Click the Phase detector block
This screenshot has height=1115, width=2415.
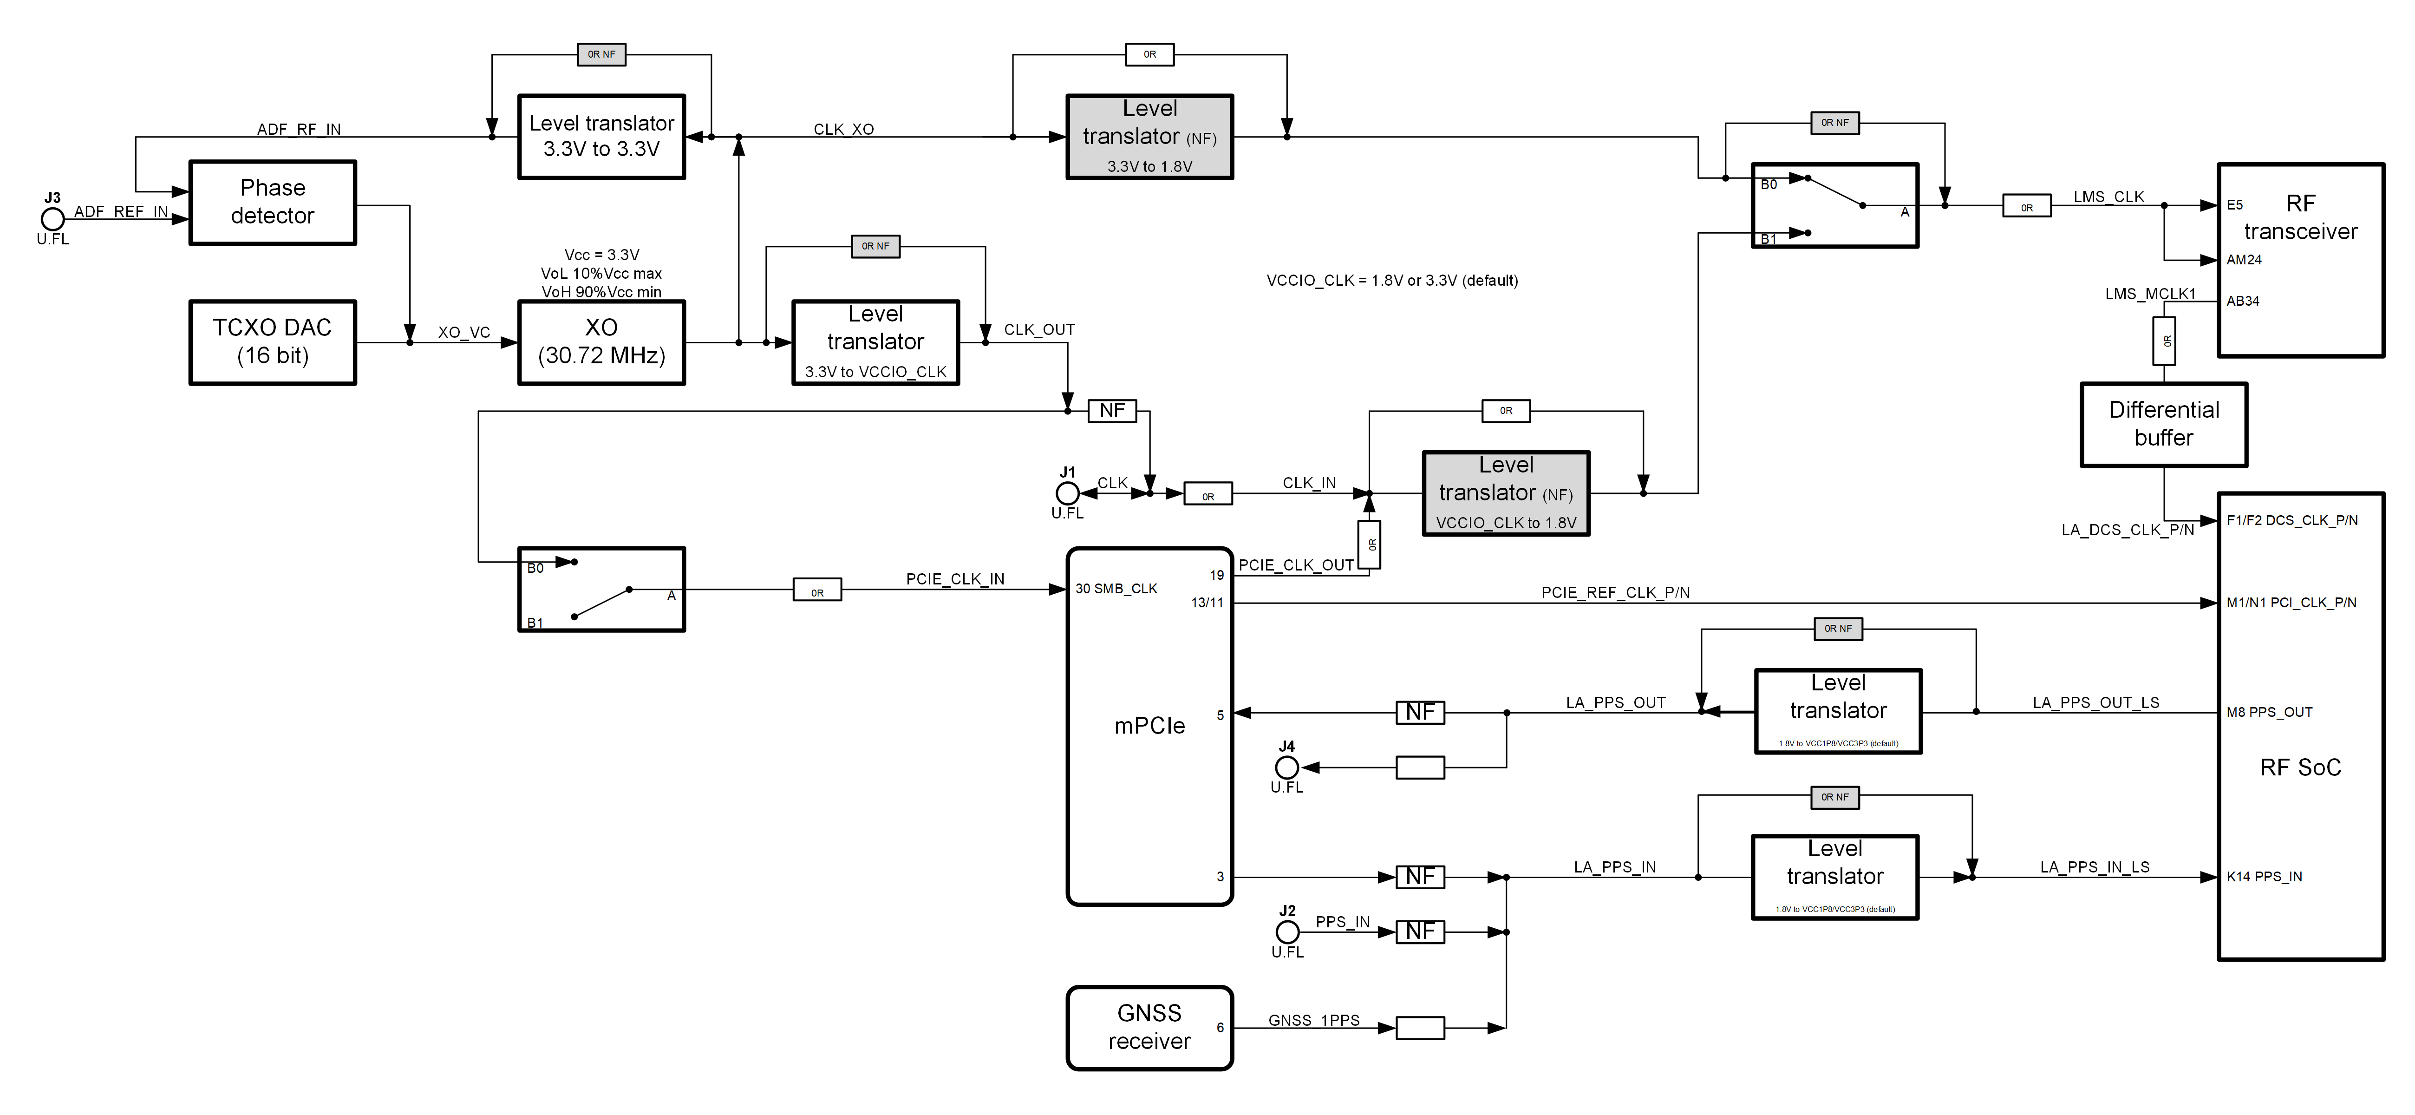pos(273,203)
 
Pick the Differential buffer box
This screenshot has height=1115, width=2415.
pos(2164,424)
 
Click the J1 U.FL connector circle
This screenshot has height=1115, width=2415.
pos(1067,493)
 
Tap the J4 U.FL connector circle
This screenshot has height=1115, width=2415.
pos(1287,767)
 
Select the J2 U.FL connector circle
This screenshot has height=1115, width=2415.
pos(1287,932)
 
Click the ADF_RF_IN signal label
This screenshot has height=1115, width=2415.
pos(299,130)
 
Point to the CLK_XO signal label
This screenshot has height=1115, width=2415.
pos(844,130)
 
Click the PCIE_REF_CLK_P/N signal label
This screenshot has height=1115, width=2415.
pos(1615,593)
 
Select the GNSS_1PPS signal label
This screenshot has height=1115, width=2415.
pos(1313,1020)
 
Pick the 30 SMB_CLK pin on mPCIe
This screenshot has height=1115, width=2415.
pos(1116,589)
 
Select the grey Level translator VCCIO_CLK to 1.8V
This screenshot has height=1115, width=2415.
pos(1506,493)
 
